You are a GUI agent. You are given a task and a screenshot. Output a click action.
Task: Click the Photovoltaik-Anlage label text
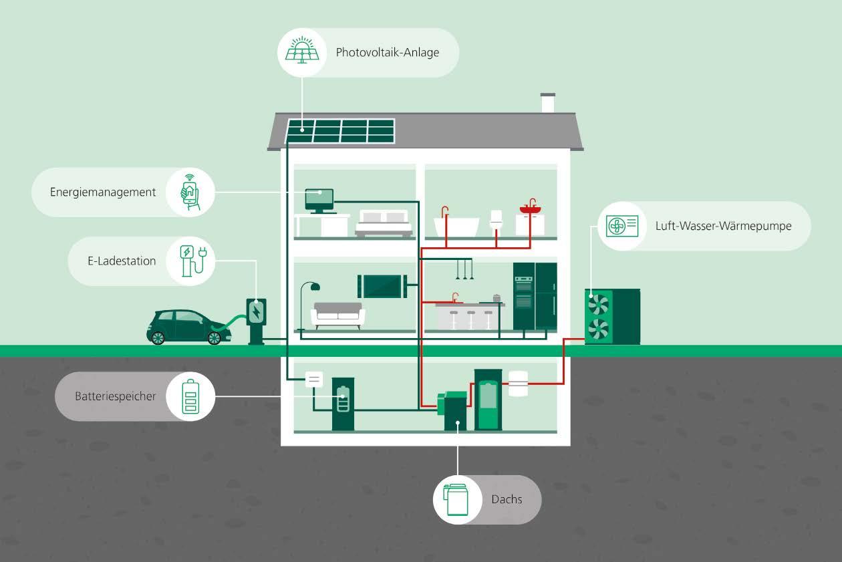click(x=388, y=52)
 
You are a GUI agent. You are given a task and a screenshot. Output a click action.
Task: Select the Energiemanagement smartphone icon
click(x=190, y=192)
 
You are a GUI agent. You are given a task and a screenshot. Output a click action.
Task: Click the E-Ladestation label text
click(x=122, y=261)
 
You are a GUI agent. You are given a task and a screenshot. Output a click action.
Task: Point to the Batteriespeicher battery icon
click(x=190, y=396)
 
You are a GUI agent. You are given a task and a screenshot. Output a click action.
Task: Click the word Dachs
click(x=507, y=499)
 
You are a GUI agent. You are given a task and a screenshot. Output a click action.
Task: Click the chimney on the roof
click(x=547, y=104)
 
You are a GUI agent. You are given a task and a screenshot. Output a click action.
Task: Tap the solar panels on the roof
click(x=340, y=131)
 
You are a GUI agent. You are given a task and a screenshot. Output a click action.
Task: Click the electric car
click(x=185, y=327)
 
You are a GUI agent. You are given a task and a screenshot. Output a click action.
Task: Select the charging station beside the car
click(x=256, y=321)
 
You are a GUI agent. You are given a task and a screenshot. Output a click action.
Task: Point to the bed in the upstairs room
click(x=383, y=224)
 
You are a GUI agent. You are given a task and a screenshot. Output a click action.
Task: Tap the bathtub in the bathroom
click(x=456, y=227)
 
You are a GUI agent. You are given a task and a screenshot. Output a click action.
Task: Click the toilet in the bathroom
click(x=496, y=223)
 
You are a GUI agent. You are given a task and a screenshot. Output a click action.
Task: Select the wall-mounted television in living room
click(x=382, y=285)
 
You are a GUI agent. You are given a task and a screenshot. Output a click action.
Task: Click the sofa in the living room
click(x=338, y=315)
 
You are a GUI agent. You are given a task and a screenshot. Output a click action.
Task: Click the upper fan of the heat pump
click(x=598, y=305)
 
